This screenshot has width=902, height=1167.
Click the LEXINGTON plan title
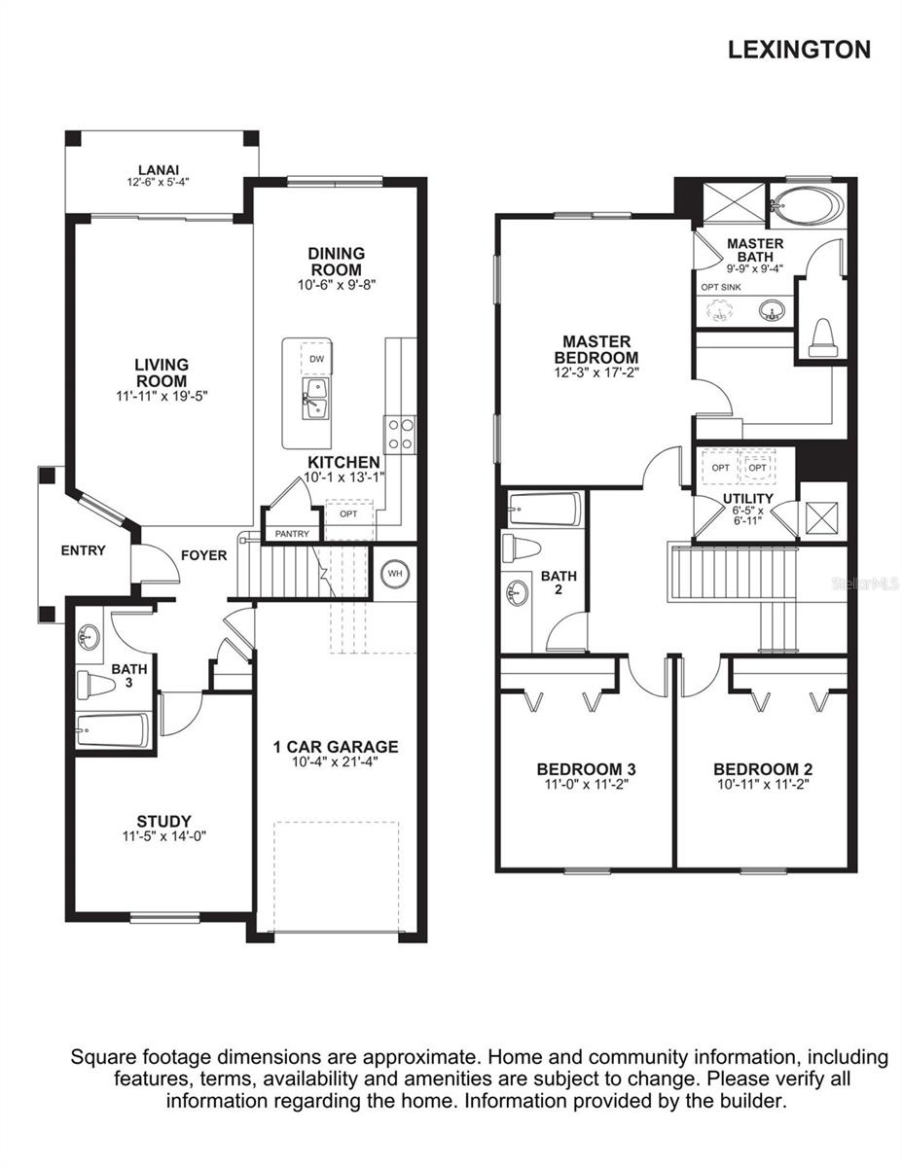click(799, 50)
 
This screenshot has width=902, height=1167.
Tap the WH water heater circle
click(395, 574)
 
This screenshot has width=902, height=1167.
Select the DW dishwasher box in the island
click(316, 359)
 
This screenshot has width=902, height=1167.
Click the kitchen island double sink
click(316, 398)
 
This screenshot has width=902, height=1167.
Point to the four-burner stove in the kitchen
click(400, 435)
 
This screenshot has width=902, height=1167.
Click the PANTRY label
click(292, 534)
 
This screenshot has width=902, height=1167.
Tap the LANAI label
click(159, 170)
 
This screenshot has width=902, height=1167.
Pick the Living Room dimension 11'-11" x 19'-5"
click(162, 397)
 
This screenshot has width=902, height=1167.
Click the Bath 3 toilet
click(96, 686)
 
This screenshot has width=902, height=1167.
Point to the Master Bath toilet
click(822, 337)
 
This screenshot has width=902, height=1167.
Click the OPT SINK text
click(721, 287)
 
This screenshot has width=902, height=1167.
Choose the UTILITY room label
click(748, 498)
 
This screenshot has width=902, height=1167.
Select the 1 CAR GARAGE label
click(336, 747)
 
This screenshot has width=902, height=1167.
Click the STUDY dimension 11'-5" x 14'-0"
click(163, 836)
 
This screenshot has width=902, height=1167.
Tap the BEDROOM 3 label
click(586, 769)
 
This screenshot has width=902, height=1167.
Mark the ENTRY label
click(83, 550)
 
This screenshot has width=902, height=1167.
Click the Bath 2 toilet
click(522, 548)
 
